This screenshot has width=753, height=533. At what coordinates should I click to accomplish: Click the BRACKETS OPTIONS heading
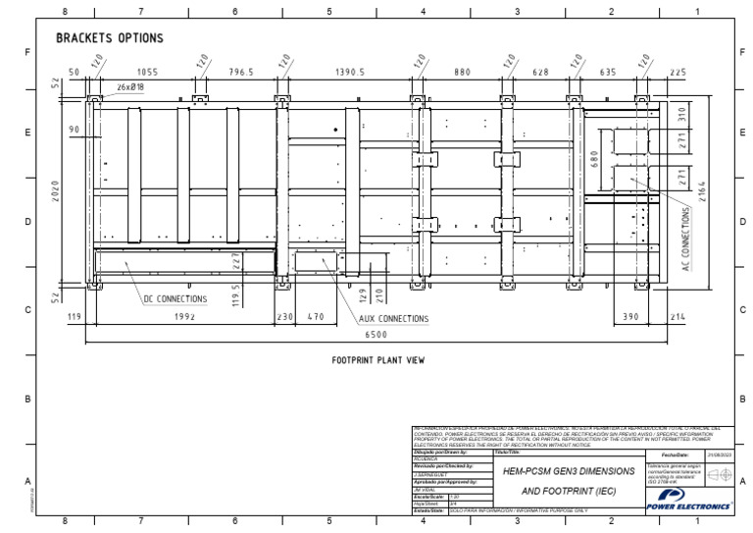(109, 38)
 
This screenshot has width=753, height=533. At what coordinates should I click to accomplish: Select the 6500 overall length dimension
(376, 335)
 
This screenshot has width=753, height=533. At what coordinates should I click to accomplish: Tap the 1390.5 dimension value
(349, 72)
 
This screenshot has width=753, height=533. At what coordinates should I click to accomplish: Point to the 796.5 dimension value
(241, 72)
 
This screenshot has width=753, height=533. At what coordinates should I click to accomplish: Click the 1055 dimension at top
(146, 72)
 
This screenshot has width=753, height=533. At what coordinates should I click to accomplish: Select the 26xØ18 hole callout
(130, 87)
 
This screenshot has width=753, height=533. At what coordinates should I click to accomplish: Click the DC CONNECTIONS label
(176, 298)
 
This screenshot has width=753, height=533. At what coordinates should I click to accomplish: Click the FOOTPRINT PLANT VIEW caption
(377, 360)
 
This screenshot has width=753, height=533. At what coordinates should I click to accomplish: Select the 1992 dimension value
(185, 317)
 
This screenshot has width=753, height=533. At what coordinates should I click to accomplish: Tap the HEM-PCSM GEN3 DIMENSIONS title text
(569, 471)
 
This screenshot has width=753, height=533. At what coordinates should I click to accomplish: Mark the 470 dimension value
(316, 317)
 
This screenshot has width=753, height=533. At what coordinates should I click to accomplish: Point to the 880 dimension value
(463, 72)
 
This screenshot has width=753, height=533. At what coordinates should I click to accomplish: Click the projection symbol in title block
(719, 474)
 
